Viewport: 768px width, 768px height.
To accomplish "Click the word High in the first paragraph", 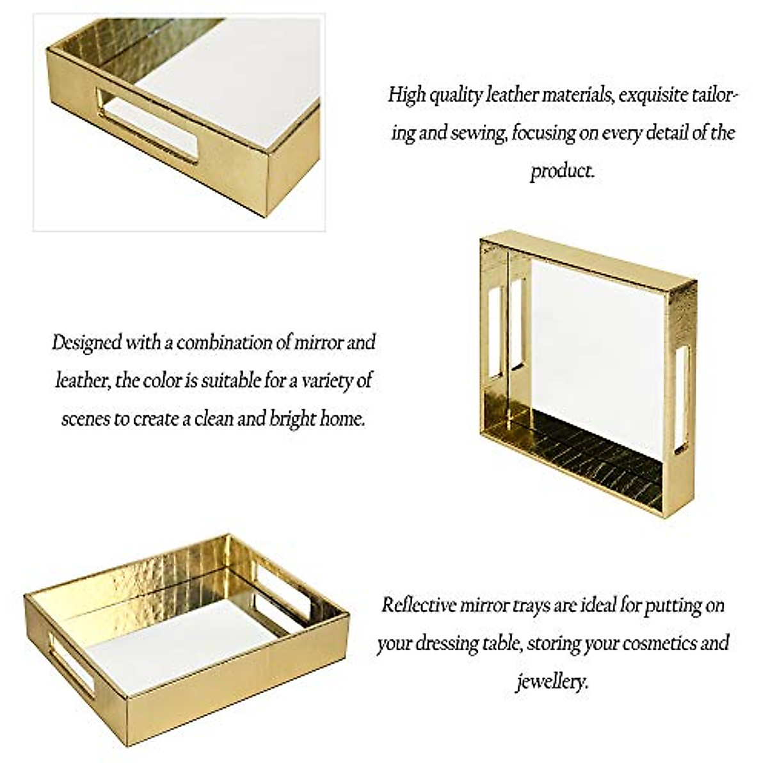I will [x=407, y=95].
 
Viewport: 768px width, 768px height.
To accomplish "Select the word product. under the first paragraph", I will [x=562, y=171].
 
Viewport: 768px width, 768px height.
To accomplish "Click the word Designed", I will [x=86, y=342].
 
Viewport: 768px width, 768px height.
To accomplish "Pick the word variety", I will [x=323, y=381].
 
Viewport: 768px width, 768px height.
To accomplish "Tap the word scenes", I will [x=86, y=419].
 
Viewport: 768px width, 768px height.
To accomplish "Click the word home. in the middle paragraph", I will [x=345, y=419].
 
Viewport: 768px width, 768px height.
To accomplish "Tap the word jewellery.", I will [x=552, y=681].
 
